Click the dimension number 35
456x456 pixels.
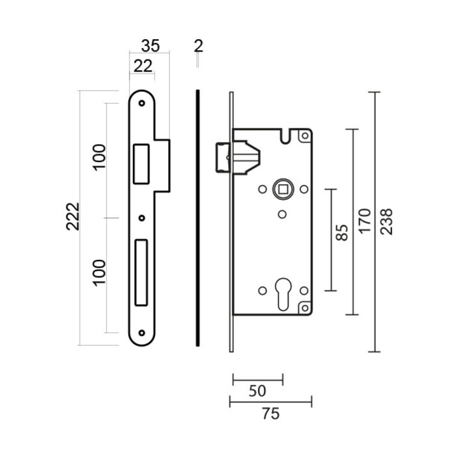coord(150,46)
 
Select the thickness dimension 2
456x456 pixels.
coord(199,46)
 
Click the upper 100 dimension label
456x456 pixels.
coord(98,157)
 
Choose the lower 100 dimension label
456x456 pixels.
coord(98,272)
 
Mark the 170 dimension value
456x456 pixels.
coord(364,221)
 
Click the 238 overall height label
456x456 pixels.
coord(386,221)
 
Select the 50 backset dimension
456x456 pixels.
coord(258,391)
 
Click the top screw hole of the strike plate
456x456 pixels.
coord(141,102)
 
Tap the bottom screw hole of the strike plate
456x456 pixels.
coord(141,332)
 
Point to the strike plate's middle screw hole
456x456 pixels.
coord(141,218)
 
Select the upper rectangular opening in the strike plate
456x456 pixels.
coord(141,163)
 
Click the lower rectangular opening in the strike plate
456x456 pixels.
coord(141,272)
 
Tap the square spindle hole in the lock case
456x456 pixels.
coord(283,189)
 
